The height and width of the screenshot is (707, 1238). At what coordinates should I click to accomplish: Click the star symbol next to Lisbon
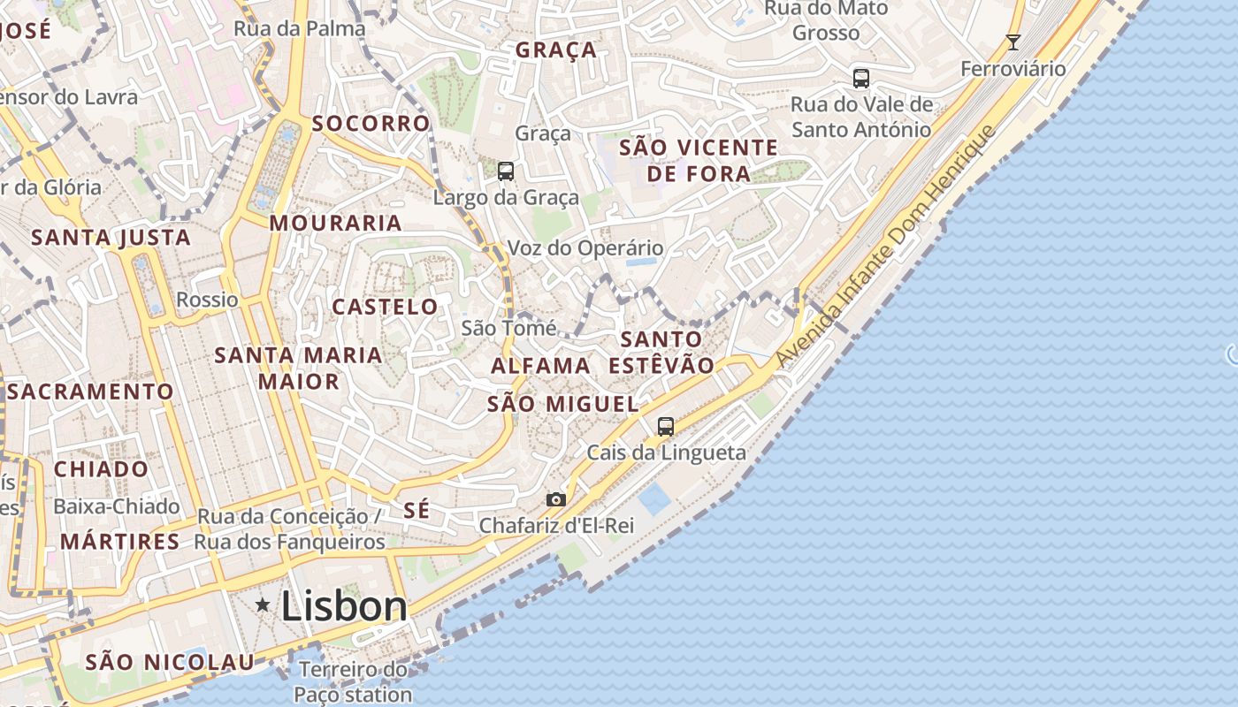[263, 605]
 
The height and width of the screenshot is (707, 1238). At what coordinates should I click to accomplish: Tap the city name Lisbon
[344, 606]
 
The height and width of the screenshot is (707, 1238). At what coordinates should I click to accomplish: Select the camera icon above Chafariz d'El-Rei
[555, 500]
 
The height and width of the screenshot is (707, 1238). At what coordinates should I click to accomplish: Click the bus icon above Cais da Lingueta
[666, 427]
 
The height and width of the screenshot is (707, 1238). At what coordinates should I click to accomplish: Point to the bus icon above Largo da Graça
[506, 171]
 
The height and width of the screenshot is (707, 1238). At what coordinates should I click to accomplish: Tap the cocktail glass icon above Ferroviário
[1013, 42]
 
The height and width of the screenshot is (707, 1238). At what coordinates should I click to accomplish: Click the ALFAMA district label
[540, 365]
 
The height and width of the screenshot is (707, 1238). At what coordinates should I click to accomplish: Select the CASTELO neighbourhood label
[385, 307]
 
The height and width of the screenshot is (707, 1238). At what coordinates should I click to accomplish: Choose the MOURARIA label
[336, 223]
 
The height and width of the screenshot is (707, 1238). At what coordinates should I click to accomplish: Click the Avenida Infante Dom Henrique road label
[886, 247]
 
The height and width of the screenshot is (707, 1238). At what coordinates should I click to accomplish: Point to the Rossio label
[207, 300]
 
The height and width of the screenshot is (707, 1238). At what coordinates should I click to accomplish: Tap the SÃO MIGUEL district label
[562, 404]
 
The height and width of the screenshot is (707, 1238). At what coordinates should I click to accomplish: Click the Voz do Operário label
[585, 248]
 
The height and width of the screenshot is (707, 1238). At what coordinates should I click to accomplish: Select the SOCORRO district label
[371, 123]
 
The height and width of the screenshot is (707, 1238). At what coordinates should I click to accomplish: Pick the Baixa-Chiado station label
[117, 506]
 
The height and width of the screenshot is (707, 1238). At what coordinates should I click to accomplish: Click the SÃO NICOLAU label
[170, 661]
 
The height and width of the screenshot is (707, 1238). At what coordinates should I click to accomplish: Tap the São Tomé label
[509, 329]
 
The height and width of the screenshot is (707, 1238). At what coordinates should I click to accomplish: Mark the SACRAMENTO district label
[91, 391]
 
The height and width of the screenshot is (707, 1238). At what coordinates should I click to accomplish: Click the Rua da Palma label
[299, 28]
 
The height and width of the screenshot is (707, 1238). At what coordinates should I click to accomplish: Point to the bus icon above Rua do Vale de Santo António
[861, 78]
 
